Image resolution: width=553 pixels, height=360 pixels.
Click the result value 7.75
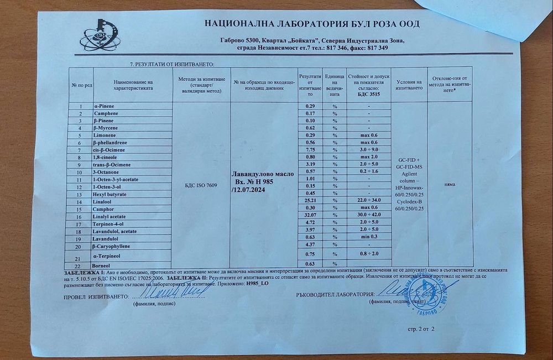(x=310, y=149)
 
